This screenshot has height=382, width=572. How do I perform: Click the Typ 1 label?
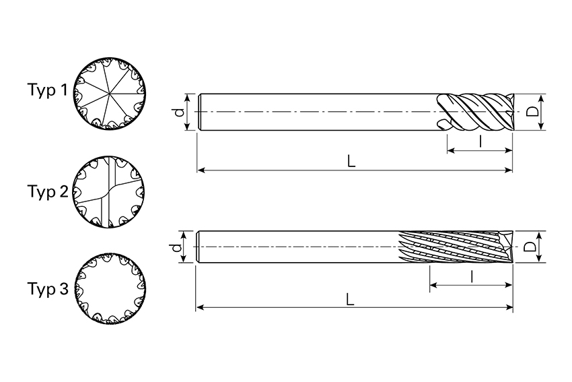pos(48,90)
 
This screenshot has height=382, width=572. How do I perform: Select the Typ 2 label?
pos(48,192)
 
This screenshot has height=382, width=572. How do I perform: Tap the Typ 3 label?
pos(48,289)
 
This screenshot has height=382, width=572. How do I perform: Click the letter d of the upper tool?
pos(179,112)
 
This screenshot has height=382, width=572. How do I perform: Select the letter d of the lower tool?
pos(176,248)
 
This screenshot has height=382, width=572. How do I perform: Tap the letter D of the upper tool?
pos(533,111)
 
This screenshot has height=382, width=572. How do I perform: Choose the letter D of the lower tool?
pos(530,247)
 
